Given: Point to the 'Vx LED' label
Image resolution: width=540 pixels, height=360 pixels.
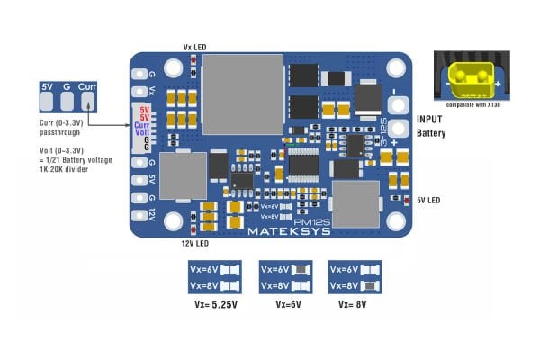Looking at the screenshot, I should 194,46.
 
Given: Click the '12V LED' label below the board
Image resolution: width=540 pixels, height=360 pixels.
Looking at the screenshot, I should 194,244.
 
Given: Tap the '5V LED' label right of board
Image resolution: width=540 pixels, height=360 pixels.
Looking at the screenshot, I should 427,200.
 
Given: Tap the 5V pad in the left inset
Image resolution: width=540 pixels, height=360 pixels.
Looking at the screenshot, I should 47,87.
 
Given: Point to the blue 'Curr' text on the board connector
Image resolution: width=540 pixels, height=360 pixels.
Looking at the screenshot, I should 142,126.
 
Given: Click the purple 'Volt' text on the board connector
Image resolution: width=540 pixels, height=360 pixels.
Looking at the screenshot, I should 142,133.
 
